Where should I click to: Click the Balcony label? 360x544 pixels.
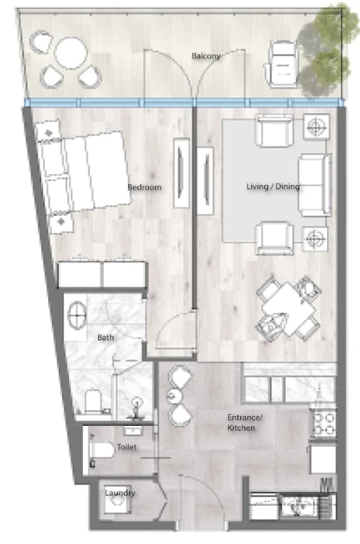pos(206,56)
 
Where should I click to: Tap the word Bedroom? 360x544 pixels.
pos(145,187)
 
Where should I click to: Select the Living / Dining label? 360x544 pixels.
pos(273,187)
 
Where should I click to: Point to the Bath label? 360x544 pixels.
pos(105,337)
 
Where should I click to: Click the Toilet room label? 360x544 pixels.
pos(126,447)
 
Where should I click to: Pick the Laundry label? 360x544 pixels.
pos(120,493)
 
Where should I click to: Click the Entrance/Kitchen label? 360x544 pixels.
pos(245,422)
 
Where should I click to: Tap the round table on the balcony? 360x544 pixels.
pos(71,53)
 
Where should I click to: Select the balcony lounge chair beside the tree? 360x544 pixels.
pos(282,64)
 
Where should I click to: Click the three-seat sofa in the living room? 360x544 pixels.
pos(314,185)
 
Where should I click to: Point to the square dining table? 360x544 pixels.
pos(288,308)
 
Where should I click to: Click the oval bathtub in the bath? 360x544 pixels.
pos(77,315)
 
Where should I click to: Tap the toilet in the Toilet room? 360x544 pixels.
pos(102,450)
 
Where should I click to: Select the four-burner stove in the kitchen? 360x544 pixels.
pos(323,423)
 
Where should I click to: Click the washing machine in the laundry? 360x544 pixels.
pos(117,500)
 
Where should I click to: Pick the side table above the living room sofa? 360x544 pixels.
pos(316,126)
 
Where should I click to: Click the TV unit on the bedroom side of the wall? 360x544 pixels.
pos(182,173)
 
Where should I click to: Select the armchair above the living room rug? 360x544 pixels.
pos(275,131)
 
